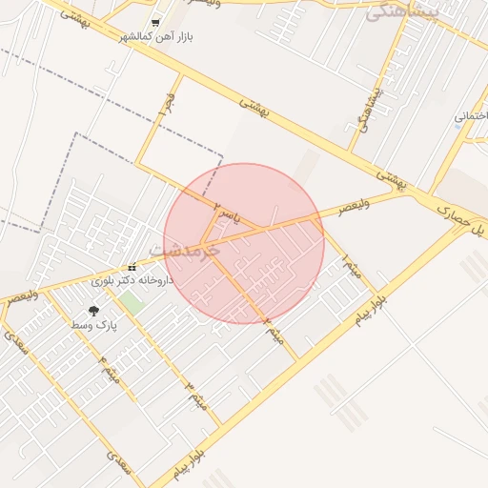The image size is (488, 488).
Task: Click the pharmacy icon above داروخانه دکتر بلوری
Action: [x=132, y=267]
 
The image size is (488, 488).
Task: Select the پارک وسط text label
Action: [x=93, y=325]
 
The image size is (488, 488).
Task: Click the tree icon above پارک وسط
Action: [x=93, y=311]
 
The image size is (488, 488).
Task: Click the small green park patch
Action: [x=131, y=304]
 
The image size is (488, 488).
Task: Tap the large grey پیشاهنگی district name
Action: [x=405, y=10]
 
